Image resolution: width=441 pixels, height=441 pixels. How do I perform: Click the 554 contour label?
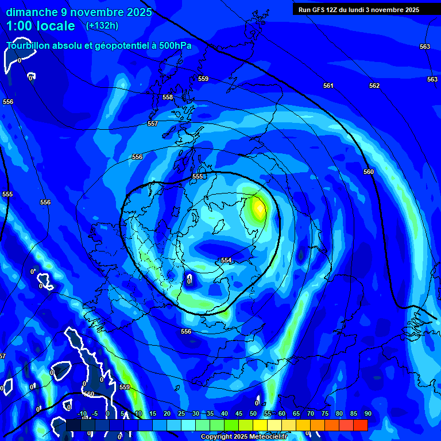pyautogui.click(x=226, y=260)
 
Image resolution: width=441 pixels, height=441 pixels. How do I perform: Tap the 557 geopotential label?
pyautogui.click(x=152, y=123)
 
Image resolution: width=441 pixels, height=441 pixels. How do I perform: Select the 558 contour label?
pyautogui.click(x=167, y=97)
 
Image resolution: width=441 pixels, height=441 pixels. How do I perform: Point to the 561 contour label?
pyautogui.click(x=328, y=86)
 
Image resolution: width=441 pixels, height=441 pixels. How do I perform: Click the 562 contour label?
pyautogui.click(x=374, y=86)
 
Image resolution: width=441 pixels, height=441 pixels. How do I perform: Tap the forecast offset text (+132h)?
pyautogui.click(x=102, y=26)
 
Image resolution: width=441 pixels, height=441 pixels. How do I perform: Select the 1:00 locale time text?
pyautogui.click(x=41, y=26)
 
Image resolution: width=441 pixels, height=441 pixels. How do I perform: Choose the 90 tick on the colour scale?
pyautogui.click(x=367, y=413)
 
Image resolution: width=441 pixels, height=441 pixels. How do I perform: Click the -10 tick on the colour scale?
pyautogui.click(x=82, y=413)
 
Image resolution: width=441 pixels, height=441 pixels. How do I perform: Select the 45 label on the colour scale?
pyautogui.click(x=239, y=413)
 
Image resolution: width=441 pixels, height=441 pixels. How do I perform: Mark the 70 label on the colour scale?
pyautogui.click(x=311, y=413)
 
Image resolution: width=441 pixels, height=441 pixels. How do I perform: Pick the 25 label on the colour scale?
pyautogui.click(x=181, y=413)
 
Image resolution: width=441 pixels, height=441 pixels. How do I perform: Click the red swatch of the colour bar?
pyautogui.click(x=360, y=425)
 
